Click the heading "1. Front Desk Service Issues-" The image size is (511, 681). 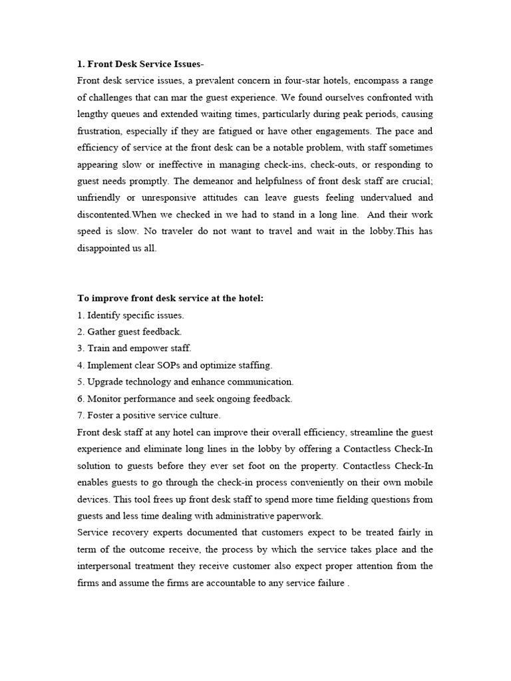click(x=140, y=65)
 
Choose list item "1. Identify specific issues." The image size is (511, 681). click(x=130, y=315)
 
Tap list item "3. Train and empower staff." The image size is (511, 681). click(x=134, y=348)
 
